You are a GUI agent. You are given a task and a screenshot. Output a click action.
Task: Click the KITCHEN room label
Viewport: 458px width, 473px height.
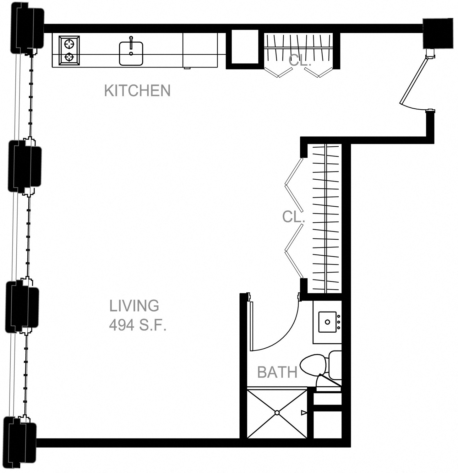(137, 90)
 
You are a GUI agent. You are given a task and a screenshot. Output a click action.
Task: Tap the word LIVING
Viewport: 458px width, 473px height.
(134, 306)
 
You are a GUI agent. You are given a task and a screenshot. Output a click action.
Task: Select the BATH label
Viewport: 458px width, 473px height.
(277, 372)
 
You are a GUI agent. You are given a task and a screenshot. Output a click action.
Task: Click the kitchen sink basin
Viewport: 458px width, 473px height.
(131, 54)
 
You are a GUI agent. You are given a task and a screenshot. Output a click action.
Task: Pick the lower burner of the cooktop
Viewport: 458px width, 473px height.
(69, 57)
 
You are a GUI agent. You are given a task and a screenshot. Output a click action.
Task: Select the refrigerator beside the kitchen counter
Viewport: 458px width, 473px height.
(200, 50)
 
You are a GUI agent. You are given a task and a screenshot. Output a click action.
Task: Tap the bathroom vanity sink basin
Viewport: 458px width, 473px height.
(327, 322)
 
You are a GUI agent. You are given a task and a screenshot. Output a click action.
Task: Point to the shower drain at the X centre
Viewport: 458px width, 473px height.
(277, 413)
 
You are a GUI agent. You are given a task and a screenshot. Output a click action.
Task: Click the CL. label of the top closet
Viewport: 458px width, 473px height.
(300, 61)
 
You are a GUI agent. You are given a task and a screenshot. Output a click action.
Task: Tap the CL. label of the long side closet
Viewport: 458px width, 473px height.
(293, 217)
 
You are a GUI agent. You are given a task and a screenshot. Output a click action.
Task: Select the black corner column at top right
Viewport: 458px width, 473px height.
(438, 33)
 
